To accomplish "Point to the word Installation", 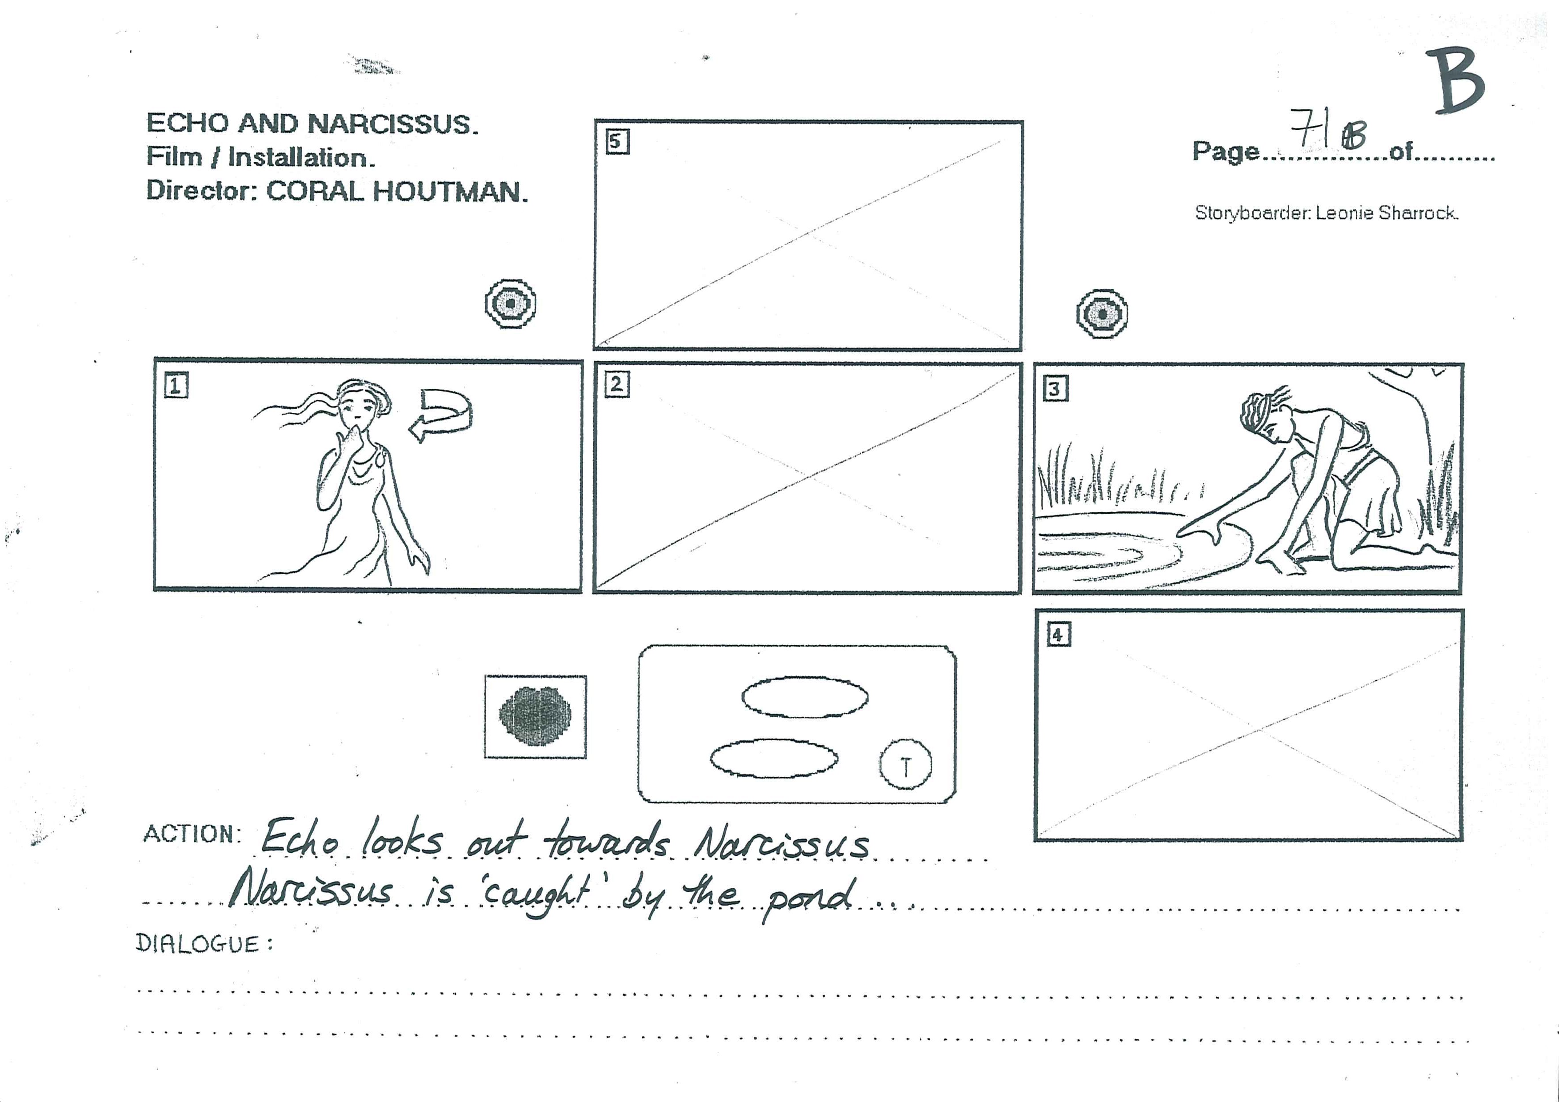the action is [x=301, y=158].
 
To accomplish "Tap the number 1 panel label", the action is [x=176, y=386].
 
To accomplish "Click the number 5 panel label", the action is [x=617, y=142].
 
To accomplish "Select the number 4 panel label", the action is [x=1059, y=635].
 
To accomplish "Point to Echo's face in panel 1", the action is [x=357, y=407].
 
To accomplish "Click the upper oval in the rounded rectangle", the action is [x=805, y=697].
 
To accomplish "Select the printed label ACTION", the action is [x=192, y=834].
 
